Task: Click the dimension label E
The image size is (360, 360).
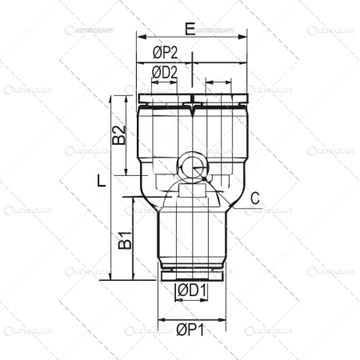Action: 190,29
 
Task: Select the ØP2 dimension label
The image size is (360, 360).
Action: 165,53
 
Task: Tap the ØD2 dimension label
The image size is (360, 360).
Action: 165,73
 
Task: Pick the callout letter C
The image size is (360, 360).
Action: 255,198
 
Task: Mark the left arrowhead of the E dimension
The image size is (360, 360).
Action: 141,38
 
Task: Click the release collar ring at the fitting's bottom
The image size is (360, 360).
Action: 192,274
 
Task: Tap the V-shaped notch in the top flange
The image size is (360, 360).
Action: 192,102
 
